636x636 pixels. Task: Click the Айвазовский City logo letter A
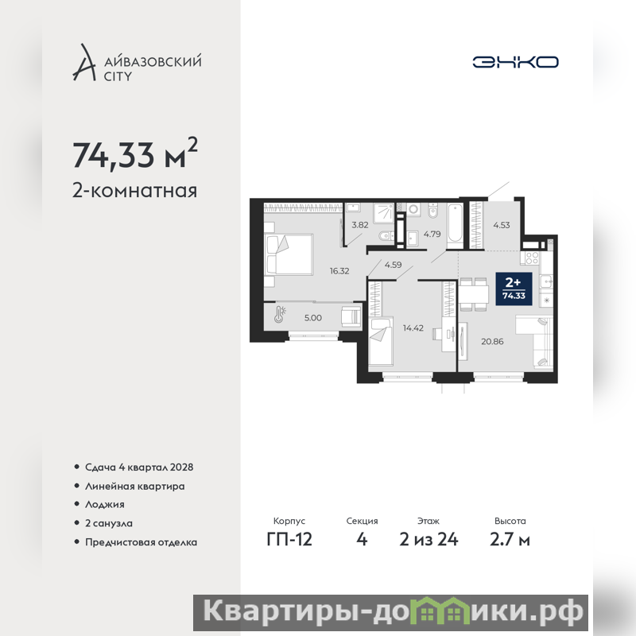click(84, 63)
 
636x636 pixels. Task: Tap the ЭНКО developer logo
click(515, 62)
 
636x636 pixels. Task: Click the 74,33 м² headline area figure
click(135, 153)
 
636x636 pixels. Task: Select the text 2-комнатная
click(134, 191)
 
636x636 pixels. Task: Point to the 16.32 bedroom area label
click(339, 271)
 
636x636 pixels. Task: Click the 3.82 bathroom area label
click(360, 225)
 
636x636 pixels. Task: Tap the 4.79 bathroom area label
click(432, 234)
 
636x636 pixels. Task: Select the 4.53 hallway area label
click(502, 225)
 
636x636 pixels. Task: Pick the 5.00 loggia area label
click(313, 318)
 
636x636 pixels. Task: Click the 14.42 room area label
click(413, 328)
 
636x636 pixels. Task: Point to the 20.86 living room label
click(492, 342)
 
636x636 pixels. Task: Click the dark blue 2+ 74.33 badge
click(514, 289)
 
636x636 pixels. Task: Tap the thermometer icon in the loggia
click(280, 314)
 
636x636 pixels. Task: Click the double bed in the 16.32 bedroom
click(289, 254)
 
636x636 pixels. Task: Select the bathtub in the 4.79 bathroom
click(455, 226)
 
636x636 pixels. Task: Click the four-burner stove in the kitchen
click(532, 258)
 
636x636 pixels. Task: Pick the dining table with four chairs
click(474, 294)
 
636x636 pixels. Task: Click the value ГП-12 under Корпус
click(289, 540)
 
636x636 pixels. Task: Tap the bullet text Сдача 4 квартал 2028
click(139, 467)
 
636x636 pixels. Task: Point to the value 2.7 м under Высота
click(510, 540)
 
